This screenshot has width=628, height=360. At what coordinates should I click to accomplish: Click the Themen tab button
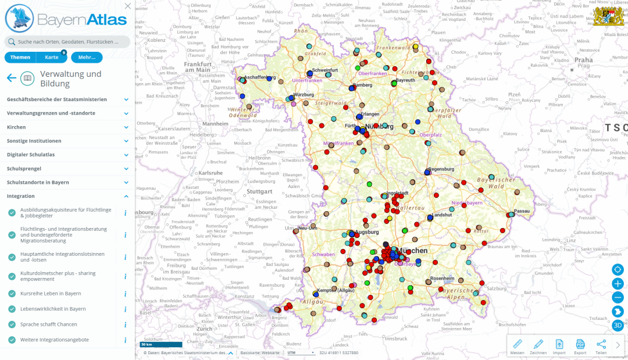20,57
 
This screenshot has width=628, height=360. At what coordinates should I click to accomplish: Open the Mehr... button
87,57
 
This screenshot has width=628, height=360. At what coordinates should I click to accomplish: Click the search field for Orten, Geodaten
67,42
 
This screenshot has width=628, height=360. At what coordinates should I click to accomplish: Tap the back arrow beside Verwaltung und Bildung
11,78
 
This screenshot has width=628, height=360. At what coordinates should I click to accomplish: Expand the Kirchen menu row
67,127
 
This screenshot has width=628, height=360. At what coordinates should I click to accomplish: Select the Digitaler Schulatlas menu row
67,155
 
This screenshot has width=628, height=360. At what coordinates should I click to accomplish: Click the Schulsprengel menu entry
67,169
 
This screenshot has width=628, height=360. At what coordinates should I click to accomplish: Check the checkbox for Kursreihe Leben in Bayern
12,294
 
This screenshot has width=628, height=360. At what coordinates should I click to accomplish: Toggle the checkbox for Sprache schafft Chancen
12,324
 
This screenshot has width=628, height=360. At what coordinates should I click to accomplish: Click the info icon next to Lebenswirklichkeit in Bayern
125,309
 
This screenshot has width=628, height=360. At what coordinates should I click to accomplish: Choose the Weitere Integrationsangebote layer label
54,340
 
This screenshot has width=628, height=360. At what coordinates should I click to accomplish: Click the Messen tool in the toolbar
518,346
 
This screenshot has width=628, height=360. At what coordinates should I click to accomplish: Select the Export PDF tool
580,346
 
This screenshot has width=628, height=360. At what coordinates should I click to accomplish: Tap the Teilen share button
601,346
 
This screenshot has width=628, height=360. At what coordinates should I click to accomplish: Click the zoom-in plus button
618,283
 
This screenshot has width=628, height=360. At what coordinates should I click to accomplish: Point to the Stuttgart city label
259,191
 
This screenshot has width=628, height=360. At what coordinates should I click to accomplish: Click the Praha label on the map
583,60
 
